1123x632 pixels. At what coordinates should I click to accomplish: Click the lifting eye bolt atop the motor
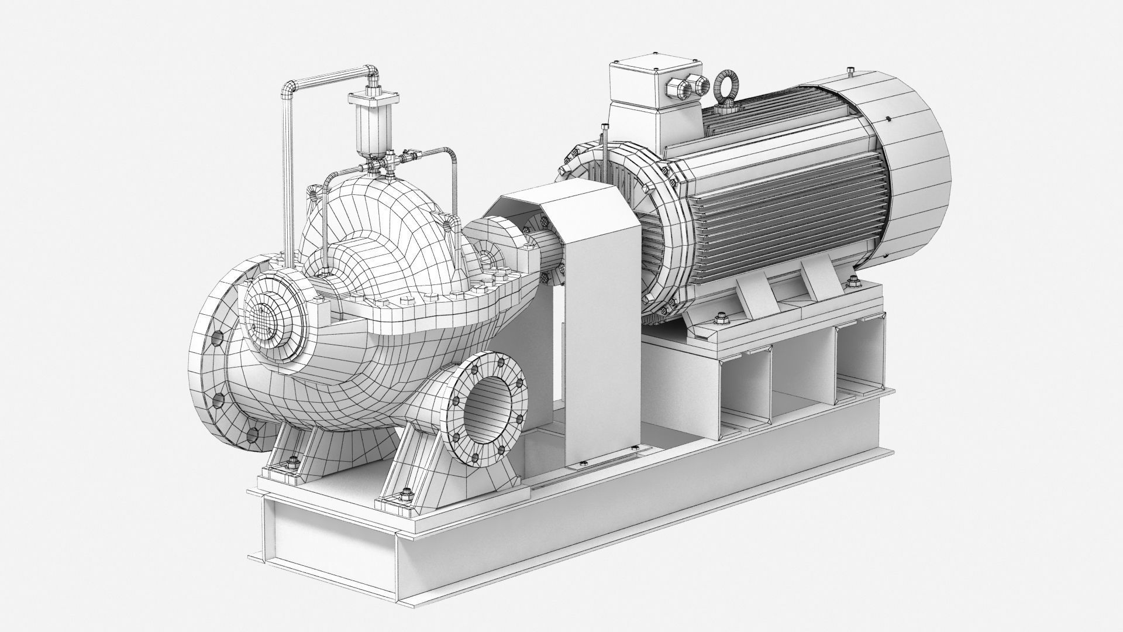pyautogui.click(x=725, y=87)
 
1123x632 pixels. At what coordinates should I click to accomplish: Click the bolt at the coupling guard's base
pyautogui.click(x=580, y=465)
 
